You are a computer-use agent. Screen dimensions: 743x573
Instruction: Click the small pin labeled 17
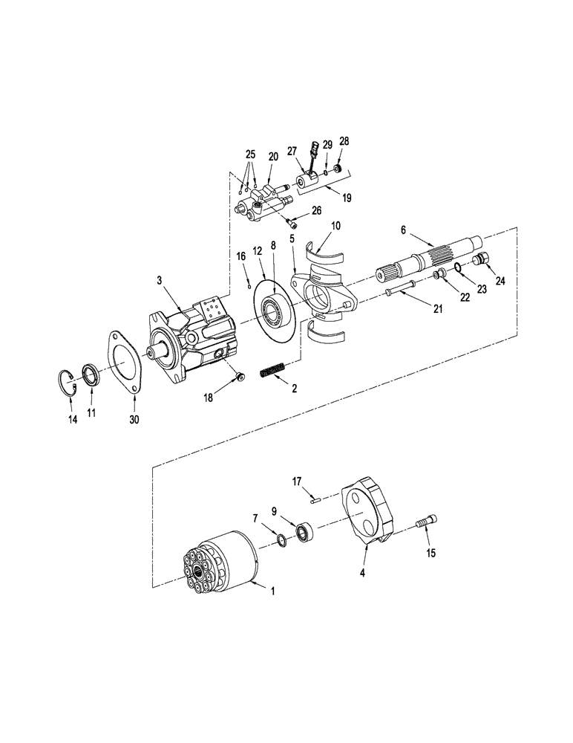tap(316, 500)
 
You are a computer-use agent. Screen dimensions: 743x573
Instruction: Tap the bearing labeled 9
tap(304, 531)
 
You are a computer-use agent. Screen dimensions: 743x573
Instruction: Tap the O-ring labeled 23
tap(459, 268)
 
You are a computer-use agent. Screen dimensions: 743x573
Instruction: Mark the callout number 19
tap(347, 198)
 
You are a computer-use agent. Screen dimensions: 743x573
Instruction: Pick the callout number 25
tap(250, 155)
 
